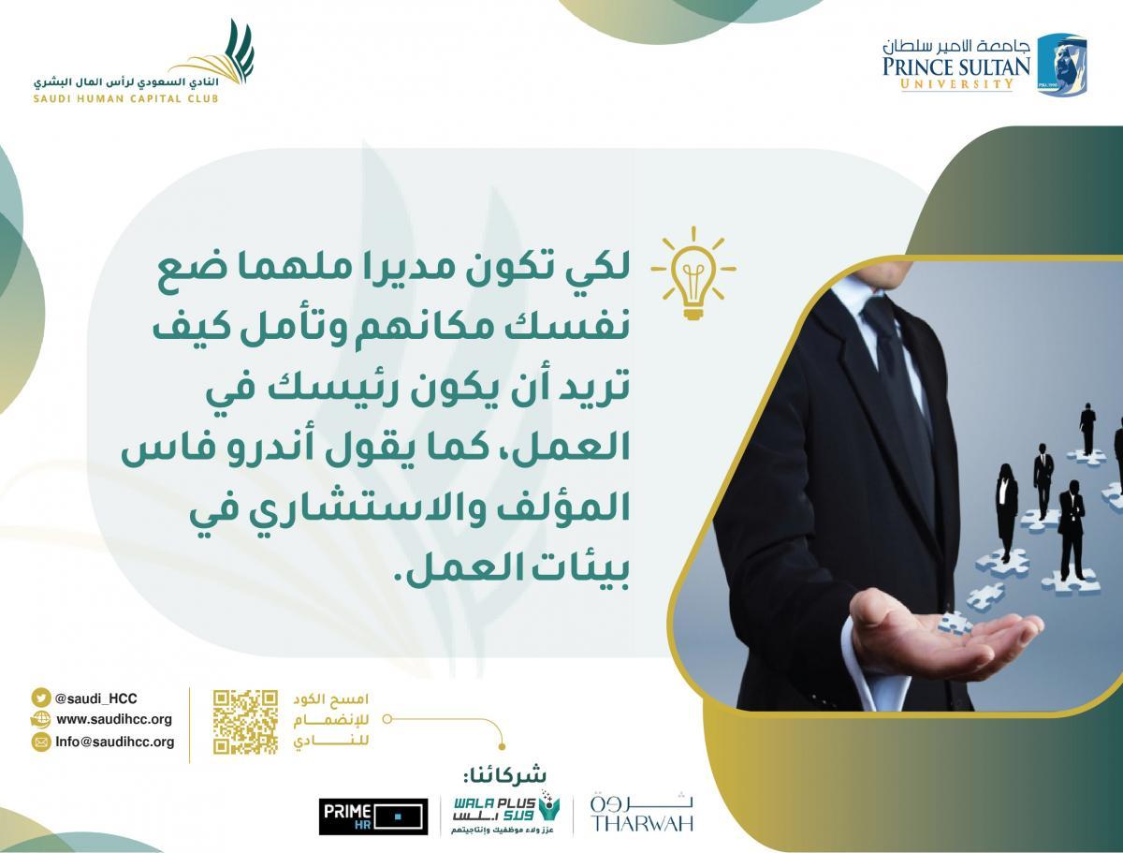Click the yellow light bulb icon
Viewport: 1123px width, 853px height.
693,273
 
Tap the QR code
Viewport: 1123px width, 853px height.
245,722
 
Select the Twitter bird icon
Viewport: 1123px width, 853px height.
40,698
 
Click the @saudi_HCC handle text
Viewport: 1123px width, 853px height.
95,699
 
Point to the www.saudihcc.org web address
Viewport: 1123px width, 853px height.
114,719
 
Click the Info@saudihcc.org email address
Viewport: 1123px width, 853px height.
114,742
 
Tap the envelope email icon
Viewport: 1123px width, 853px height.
41,742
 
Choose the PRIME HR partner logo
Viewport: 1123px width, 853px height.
373,816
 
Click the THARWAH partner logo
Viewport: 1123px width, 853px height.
642,814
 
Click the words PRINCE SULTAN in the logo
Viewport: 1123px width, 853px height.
956,67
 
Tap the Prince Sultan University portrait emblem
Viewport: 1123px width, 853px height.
1062,65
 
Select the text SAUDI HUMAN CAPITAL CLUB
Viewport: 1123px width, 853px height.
125,98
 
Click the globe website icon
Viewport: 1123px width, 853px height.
40,719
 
